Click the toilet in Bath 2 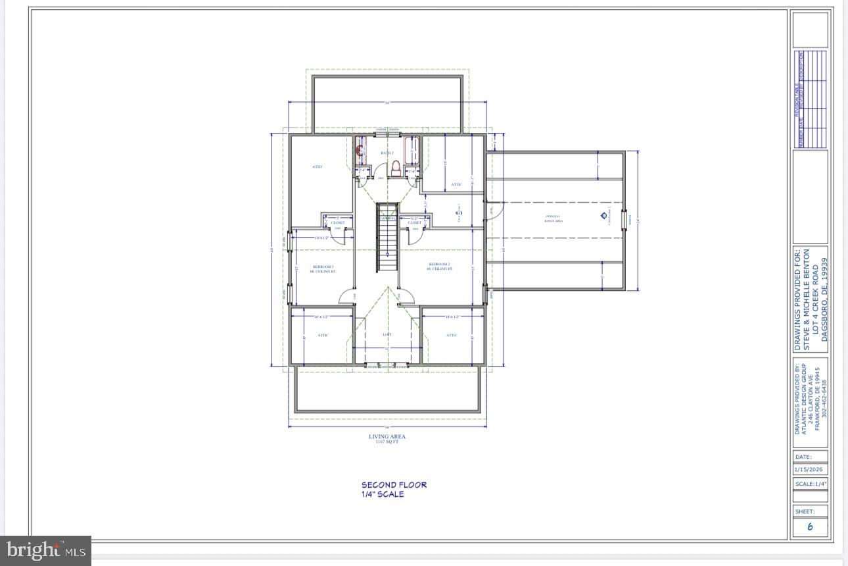pos(396,168)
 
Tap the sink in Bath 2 pos(360,151)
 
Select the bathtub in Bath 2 pos(412,153)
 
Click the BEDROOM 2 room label pos(440,267)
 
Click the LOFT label pos(387,335)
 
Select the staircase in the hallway pos(387,238)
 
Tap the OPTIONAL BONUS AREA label pos(553,219)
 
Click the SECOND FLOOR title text pos(394,485)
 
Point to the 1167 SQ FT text pos(387,442)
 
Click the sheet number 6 pos(810,527)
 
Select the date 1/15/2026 pos(809,470)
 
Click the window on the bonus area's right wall pos(624,217)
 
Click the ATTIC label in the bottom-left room pos(323,335)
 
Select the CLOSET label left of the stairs pos(337,223)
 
